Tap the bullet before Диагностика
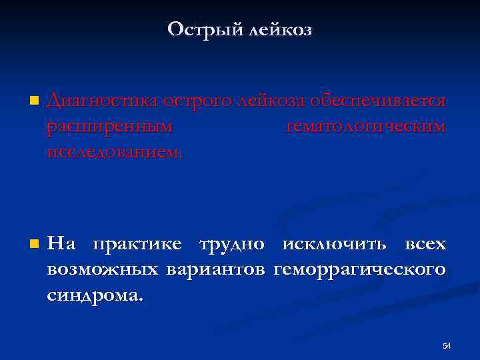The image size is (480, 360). click(33, 102)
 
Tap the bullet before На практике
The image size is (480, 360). click(33, 245)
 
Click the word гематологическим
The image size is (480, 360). click(366, 127)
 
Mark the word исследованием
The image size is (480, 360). click(114, 152)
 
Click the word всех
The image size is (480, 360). click(425, 244)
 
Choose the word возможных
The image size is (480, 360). click(103, 270)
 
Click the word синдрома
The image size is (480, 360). click(95, 295)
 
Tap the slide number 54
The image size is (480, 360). click(447, 345)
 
